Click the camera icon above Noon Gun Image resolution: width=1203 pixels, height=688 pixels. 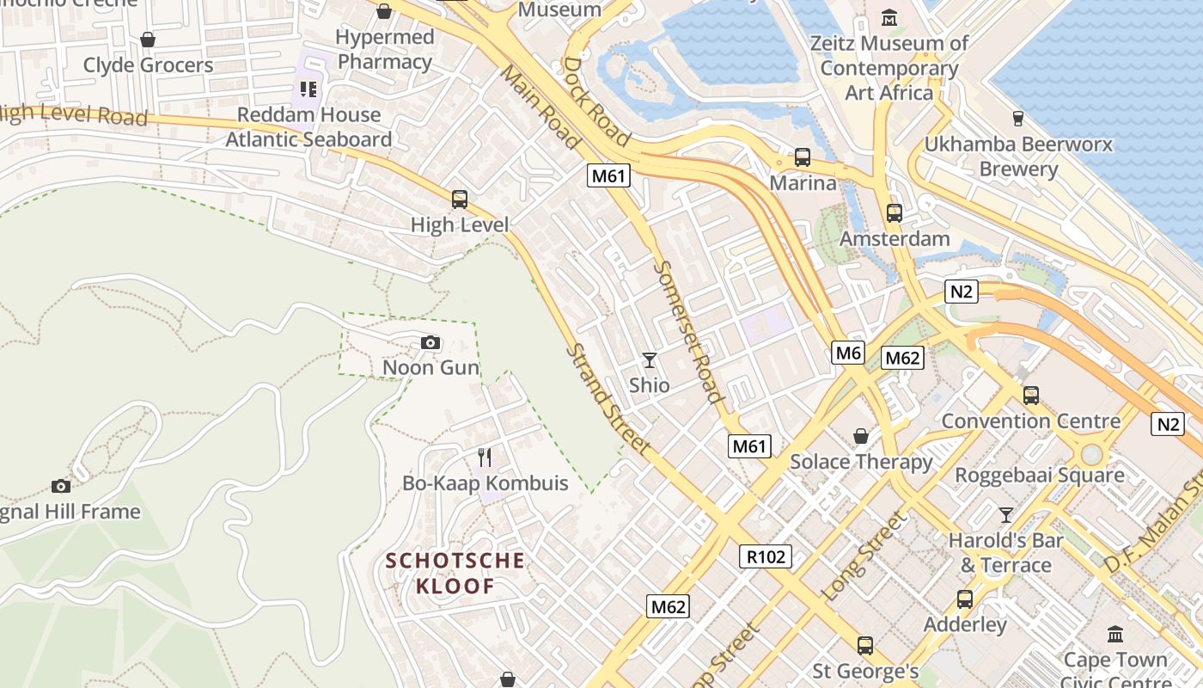431,343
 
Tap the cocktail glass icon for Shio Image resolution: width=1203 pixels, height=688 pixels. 650,359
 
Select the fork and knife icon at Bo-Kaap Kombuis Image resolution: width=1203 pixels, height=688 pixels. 485,457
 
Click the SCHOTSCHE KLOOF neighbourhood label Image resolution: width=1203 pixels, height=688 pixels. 455,574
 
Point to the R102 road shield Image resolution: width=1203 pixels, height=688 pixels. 765,556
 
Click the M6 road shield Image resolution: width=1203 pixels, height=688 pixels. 847,352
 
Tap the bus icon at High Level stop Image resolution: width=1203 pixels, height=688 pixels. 460,200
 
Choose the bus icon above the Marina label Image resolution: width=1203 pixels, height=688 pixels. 803,157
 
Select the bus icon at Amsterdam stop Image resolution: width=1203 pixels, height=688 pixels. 895,212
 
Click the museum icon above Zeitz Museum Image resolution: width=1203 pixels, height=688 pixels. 889,16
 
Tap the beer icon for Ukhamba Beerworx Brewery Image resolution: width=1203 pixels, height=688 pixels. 1018,118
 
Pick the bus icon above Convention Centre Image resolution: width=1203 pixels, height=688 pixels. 1031,396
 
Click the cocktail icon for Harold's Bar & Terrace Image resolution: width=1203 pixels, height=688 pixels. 1005,514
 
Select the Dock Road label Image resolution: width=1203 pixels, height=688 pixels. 596,101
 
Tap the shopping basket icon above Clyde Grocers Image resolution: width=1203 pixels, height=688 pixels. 148,40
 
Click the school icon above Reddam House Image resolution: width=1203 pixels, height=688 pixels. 308,89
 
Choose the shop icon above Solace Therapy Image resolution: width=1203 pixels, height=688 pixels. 861,437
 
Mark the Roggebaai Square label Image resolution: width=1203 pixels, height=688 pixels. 1039,475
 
